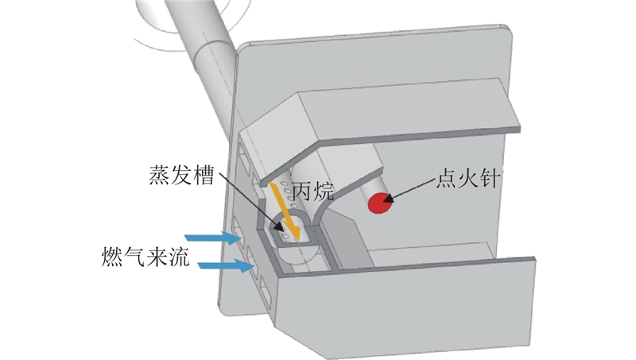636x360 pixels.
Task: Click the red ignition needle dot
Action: tap(378, 206)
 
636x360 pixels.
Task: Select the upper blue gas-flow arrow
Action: tap(211, 237)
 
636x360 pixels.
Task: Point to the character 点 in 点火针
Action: tap(444, 177)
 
